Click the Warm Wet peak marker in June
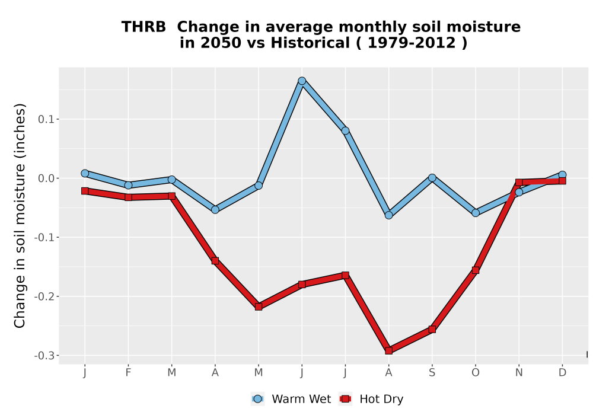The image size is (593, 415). tap(302, 81)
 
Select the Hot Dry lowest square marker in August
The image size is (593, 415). tap(389, 351)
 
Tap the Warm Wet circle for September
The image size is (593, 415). tap(432, 178)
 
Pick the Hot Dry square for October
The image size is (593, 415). tap(476, 270)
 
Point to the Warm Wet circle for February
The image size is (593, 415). tap(128, 185)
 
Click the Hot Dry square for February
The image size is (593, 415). tap(128, 197)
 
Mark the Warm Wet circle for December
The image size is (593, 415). tap(562, 175)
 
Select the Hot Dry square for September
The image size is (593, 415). tap(432, 329)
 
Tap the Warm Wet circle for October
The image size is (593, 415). tap(476, 213)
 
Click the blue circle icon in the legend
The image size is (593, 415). tap(257, 399)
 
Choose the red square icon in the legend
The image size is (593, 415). tap(345, 399)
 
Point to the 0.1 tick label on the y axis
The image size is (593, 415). tap(46, 119)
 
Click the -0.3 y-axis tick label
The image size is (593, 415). tap(44, 356)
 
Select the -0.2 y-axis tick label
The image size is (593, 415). tap(44, 296)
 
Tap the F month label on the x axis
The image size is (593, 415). tap(128, 373)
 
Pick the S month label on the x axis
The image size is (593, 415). tap(432, 373)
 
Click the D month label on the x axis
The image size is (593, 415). tap(562, 373)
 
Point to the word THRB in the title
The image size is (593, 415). tap(144, 27)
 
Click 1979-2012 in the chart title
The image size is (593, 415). tap(412, 43)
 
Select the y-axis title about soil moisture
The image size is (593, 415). tap(20, 215)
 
